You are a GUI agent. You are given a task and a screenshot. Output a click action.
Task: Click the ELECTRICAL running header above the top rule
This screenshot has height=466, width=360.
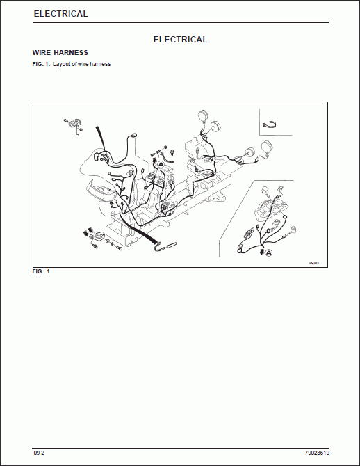tap(60, 14)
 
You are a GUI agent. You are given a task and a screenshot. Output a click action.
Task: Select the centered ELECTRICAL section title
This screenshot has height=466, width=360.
tap(180, 40)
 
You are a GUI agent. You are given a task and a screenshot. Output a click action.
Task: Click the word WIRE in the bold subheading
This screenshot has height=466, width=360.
tap(42, 53)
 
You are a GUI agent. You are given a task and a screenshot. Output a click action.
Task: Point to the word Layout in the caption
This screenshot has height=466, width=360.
tap(63, 65)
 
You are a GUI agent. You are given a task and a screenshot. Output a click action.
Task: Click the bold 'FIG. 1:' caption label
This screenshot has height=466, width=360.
tap(42, 65)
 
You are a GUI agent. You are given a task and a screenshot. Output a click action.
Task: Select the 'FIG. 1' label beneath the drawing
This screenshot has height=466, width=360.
tap(41, 271)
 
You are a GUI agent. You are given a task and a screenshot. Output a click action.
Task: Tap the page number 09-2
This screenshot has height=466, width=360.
tap(39, 453)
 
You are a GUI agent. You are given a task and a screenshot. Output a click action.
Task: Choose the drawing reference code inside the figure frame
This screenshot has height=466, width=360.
tap(313, 262)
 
